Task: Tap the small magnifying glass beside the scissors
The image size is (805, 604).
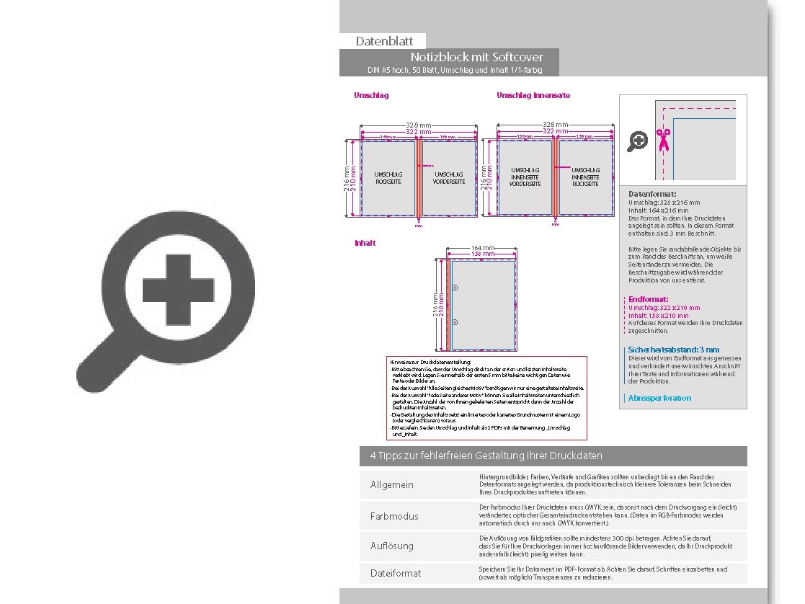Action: [637, 141]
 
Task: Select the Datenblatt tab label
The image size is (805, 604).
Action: [383, 41]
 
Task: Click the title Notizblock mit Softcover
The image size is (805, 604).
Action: [476, 57]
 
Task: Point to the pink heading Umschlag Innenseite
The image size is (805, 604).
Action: [533, 95]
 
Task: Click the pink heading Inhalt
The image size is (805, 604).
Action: [365, 243]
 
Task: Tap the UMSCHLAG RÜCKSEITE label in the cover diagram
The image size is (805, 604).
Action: [388, 178]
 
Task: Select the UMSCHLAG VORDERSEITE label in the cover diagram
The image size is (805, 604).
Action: [448, 178]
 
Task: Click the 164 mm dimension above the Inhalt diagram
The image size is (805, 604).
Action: [482, 248]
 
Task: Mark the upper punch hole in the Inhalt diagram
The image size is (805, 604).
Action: [455, 288]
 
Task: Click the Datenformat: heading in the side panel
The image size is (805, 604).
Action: [652, 194]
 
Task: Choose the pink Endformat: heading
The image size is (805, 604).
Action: [648, 299]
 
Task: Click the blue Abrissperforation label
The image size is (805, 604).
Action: [659, 398]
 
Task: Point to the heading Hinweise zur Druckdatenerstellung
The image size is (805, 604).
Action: [430, 361]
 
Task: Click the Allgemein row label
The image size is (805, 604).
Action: [392, 484]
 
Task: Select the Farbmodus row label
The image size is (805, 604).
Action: [394, 516]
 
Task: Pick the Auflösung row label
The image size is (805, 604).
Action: [392, 546]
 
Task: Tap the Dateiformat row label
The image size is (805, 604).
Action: [396, 573]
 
